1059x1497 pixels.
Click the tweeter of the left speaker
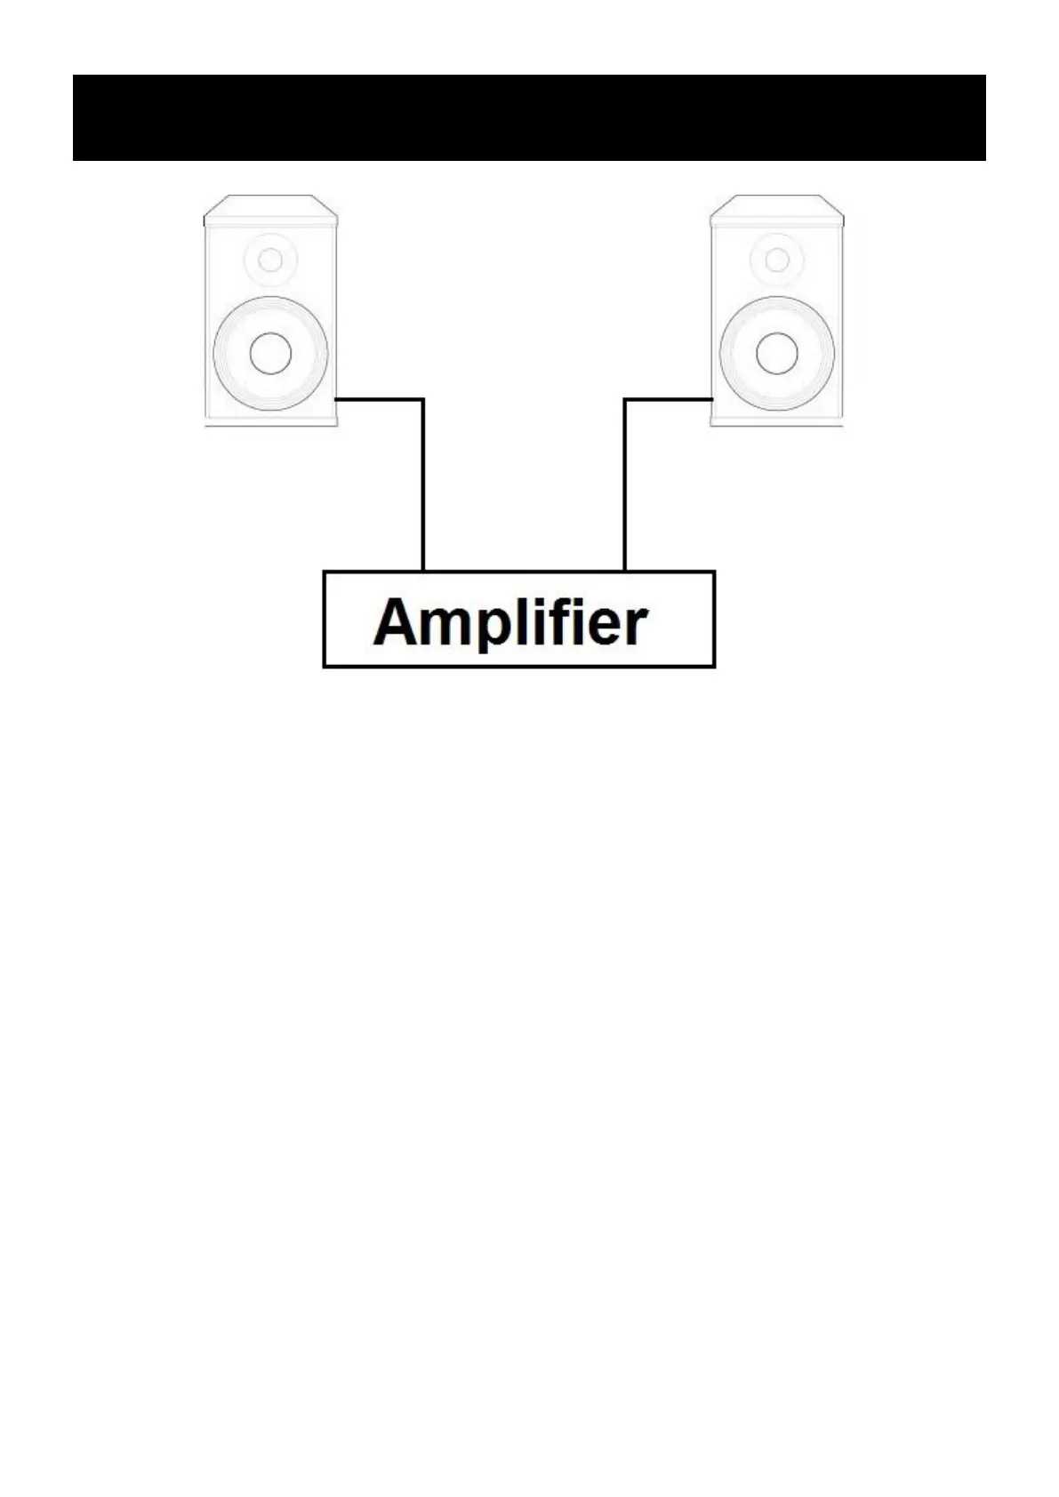[x=270, y=260]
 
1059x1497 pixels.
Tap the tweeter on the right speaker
[x=777, y=260]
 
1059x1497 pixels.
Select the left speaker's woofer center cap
[x=270, y=354]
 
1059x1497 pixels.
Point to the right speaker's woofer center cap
[x=777, y=354]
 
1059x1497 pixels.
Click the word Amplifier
[x=510, y=621]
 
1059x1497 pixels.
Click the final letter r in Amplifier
[x=636, y=626]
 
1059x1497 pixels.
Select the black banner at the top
[x=529, y=117]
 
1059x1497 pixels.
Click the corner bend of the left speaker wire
[x=422, y=400]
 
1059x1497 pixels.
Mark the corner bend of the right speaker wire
[x=625, y=400]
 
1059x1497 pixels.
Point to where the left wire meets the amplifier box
[x=422, y=570]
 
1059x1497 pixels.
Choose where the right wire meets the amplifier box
[x=625, y=570]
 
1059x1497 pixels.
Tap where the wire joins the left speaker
[x=337, y=400]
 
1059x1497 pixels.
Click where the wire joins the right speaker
[x=711, y=400]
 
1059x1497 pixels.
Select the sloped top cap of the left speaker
[x=270, y=210]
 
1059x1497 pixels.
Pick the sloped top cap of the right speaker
[x=777, y=210]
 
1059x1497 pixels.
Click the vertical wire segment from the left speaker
[x=422, y=484]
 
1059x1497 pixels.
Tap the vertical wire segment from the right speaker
[x=625, y=484]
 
